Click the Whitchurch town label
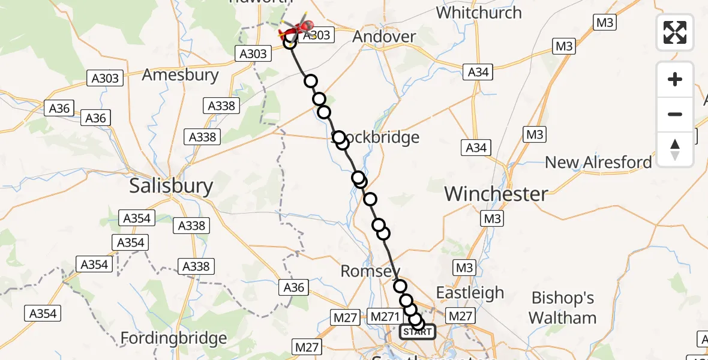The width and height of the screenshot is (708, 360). click(479, 13)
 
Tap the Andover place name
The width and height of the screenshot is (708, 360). click(384, 37)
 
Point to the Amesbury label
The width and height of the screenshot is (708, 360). click(180, 75)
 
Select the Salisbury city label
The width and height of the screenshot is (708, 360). click(171, 186)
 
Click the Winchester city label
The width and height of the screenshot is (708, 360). click(496, 194)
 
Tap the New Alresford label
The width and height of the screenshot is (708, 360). click(598, 163)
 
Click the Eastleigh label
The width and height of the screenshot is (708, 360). click(470, 293)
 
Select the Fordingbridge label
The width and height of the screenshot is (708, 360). click(174, 338)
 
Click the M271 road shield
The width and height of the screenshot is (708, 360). click(385, 316)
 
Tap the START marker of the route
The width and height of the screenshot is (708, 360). click(418, 332)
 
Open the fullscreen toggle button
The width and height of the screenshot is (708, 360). click(675, 32)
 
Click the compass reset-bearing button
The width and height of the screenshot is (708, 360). click(675, 149)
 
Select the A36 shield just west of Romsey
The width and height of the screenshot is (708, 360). click(294, 287)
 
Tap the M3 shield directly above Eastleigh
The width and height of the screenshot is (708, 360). click(464, 268)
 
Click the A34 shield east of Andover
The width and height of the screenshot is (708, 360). click(478, 72)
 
